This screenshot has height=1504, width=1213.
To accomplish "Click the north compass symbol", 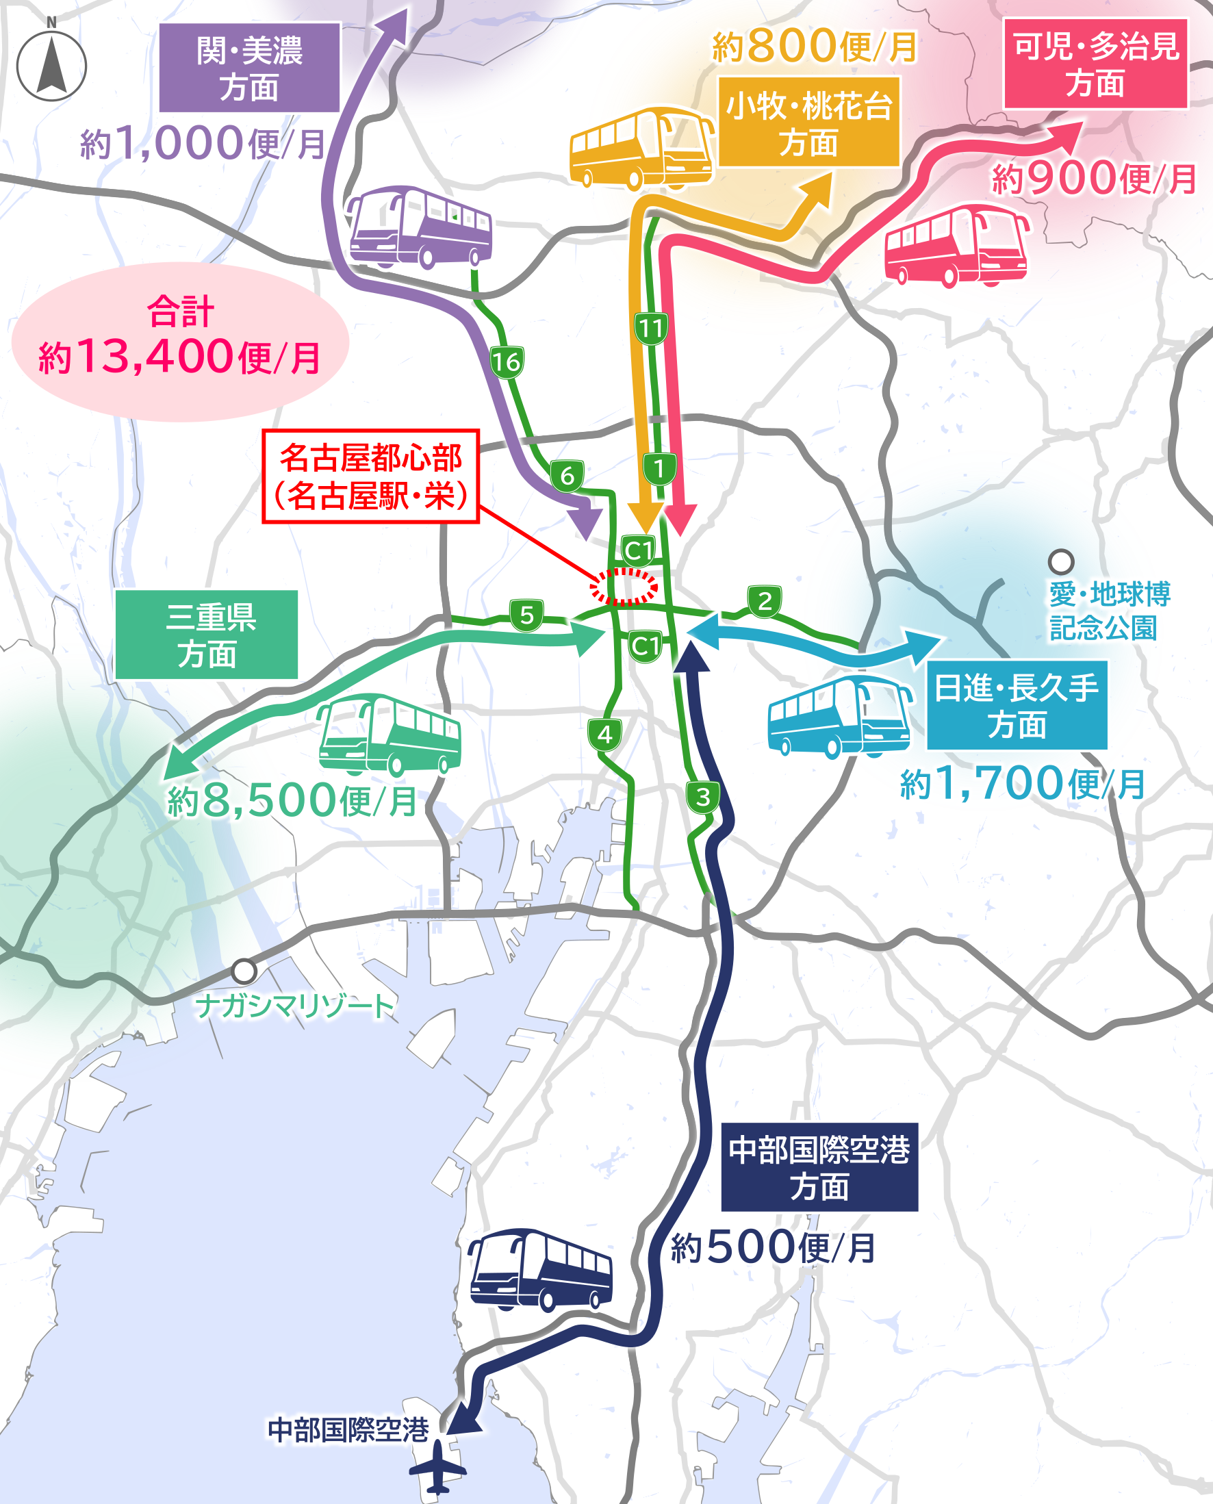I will (51, 65).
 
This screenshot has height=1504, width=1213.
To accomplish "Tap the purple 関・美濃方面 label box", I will (249, 68).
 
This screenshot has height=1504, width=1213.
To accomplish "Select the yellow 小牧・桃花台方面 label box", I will (808, 123).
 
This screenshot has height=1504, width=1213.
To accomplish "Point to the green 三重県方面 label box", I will (206, 635).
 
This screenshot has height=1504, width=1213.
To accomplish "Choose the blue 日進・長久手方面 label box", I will (1016, 705).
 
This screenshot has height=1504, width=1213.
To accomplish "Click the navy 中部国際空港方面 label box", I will (819, 1167).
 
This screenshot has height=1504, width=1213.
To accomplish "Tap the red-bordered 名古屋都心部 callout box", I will (370, 476).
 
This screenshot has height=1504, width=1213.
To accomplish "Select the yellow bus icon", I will (641, 148).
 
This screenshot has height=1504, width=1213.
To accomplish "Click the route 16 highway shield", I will (507, 361).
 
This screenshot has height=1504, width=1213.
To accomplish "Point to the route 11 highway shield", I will (651, 328).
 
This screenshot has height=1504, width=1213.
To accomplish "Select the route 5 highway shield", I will (527, 615).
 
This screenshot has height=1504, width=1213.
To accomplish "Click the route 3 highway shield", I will (703, 797).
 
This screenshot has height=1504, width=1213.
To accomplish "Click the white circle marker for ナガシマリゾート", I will (244, 971).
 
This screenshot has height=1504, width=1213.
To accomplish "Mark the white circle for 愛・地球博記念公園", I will (1060, 561).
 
